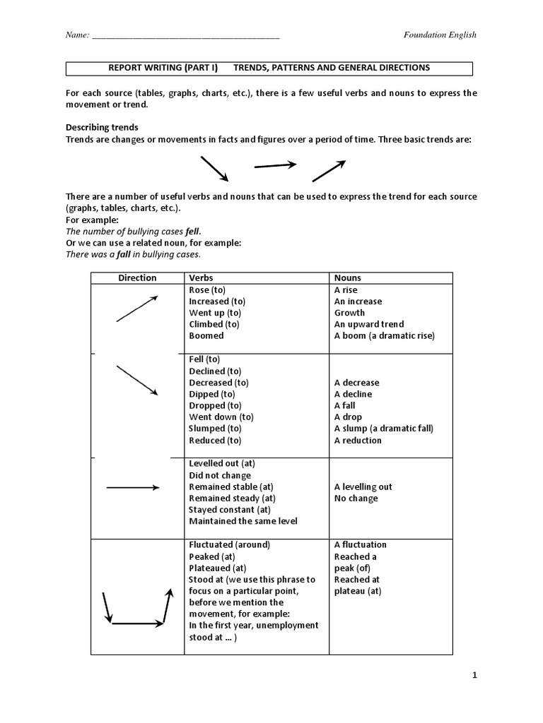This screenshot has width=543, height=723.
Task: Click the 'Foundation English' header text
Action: [440, 35]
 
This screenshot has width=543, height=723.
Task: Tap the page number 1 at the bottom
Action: [475, 675]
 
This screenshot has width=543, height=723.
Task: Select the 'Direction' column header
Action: [137, 277]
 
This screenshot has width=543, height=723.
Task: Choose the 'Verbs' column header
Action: [201, 277]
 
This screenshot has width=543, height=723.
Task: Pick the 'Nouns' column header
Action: [347, 277]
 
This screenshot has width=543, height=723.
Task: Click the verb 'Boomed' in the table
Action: [206, 335]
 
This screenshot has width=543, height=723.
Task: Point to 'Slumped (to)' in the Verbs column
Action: [215, 429]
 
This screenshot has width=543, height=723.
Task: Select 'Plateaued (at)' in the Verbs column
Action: [218, 568]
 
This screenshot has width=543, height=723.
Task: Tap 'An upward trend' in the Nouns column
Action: [369, 324]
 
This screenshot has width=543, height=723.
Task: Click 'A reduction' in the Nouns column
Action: [358, 441]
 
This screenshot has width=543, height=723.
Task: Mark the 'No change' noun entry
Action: [356, 498]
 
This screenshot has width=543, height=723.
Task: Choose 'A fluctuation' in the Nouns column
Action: [361, 544]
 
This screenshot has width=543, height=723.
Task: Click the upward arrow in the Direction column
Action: [136, 309]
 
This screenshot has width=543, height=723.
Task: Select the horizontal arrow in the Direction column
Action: [133, 487]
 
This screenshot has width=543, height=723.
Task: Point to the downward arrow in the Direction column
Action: [136, 381]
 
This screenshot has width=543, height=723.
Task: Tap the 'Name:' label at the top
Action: [76, 35]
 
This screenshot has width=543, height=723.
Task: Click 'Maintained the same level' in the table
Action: [243, 521]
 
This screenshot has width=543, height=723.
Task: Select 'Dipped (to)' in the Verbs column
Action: [212, 394]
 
